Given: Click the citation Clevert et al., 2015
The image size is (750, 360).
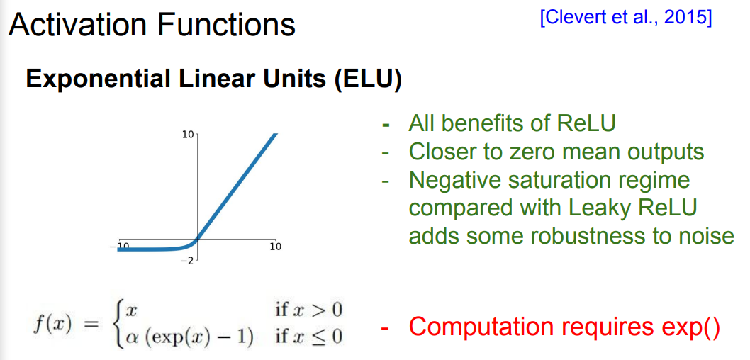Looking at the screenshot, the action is click(x=626, y=18).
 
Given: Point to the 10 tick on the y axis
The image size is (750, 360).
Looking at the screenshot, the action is click(x=187, y=135).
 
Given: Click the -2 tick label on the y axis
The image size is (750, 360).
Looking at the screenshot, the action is click(x=186, y=261).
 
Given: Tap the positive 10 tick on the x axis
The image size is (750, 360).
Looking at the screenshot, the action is click(x=276, y=247).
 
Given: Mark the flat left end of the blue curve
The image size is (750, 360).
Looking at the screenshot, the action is click(x=118, y=249).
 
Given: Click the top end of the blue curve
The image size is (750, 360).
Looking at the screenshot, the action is click(x=275, y=135).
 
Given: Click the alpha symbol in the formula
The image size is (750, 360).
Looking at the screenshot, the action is click(x=130, y=338).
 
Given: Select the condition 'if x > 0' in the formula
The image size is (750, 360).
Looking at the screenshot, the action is click(x=309, y=310).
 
